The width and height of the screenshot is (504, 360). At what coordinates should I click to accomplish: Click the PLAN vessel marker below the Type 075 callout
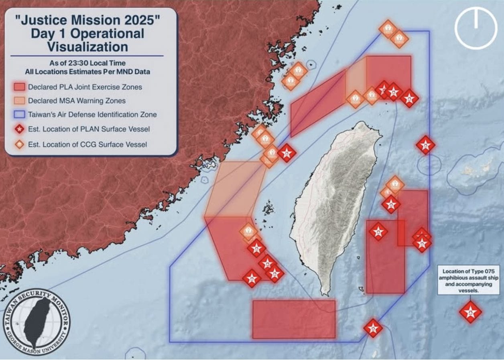coord(470,311)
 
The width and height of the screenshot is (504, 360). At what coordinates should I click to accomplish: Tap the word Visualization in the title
coord(87,47)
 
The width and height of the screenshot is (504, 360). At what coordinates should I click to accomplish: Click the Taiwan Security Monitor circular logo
coord(37,321)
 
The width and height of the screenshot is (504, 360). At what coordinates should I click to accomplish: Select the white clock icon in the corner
coord(476,28)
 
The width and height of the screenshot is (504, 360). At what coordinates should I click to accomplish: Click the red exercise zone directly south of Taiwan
coord(294,319)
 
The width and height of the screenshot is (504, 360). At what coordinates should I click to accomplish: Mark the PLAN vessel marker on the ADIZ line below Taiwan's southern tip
coord(373,328)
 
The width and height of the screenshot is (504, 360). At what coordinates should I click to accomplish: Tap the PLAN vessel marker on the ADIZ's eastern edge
coord(425,145)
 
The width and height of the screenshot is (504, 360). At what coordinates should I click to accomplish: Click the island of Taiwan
coord(337,200)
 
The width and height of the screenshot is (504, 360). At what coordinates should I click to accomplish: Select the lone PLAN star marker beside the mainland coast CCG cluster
coord(287,153)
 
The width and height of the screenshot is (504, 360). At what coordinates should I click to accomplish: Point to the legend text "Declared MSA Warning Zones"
coord(77,101)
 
